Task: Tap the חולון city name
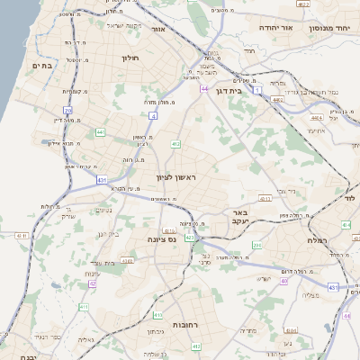point(129,57)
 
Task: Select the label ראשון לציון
point(175,178)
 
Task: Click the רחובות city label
point(184,324)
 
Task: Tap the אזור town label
point(157,29)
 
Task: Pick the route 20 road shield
point(68,111)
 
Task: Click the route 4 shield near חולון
point(154,115)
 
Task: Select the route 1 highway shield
point(256,91)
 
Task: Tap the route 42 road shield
point(92,283)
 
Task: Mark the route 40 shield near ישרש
point(283,281)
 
